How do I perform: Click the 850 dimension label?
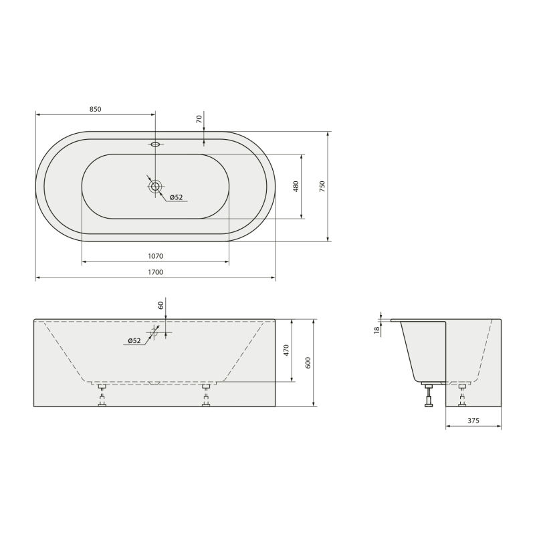95,109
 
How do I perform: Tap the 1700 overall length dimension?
155,272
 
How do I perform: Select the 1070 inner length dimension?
155,256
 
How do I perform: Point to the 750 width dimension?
322,187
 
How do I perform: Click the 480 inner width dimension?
296,187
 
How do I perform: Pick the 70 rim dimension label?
199,119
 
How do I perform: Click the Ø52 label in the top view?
177,197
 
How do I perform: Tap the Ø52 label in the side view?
134,340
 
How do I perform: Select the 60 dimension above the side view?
160,306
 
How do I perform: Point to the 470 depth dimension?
286,350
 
